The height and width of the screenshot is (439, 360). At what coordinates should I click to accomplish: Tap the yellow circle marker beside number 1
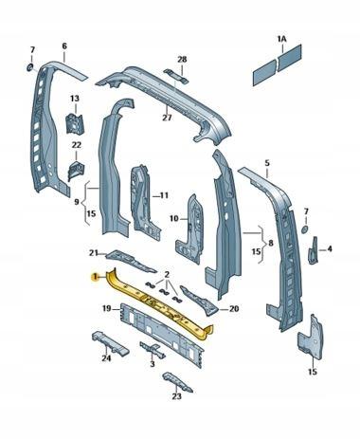coord(94,278)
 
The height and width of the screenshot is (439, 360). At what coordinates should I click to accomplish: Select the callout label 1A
coord(281,39)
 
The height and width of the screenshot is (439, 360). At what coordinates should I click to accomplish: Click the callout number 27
coord(167,118)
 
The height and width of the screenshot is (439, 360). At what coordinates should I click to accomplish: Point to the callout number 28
coord(182,59)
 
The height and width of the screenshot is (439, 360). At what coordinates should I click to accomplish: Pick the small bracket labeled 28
coord(176,76)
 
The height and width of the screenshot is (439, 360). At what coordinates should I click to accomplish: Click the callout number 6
coord(64,46)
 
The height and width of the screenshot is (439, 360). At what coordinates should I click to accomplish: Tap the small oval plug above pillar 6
coord(29,67)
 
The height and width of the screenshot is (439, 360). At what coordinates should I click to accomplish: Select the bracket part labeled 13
coord(75,123)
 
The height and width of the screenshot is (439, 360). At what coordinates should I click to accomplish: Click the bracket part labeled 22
coord(76,171)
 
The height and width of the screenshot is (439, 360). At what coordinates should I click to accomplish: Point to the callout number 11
coord(164,195)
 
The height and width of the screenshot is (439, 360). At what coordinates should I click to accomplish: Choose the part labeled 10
coord(189,229)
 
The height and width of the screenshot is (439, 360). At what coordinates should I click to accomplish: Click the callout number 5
coord(267,163)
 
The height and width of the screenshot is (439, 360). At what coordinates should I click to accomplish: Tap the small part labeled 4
coord(313,250)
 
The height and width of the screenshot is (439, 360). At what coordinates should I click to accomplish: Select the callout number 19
coord(107,308)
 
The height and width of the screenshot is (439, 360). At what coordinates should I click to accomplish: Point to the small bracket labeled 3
coord(153,350)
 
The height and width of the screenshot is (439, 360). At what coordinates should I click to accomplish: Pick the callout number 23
coord(177,396)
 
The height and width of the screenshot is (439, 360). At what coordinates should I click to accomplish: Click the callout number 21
coord(94,253)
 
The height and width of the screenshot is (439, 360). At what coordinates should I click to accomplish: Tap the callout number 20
coord(234,309)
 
